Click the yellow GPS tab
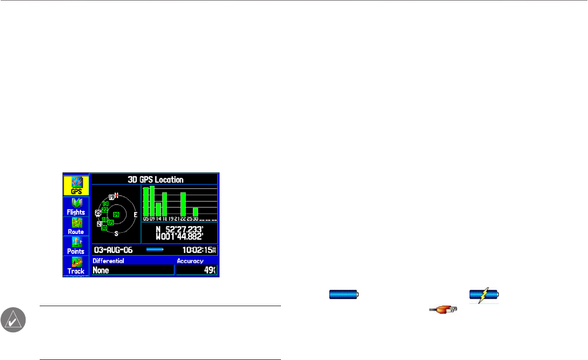76,185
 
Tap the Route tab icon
76,225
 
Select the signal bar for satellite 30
196,212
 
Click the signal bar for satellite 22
183,204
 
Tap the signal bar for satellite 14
158,209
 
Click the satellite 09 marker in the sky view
116,214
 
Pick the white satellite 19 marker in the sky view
111,197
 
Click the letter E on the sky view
135,215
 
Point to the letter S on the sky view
116,233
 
